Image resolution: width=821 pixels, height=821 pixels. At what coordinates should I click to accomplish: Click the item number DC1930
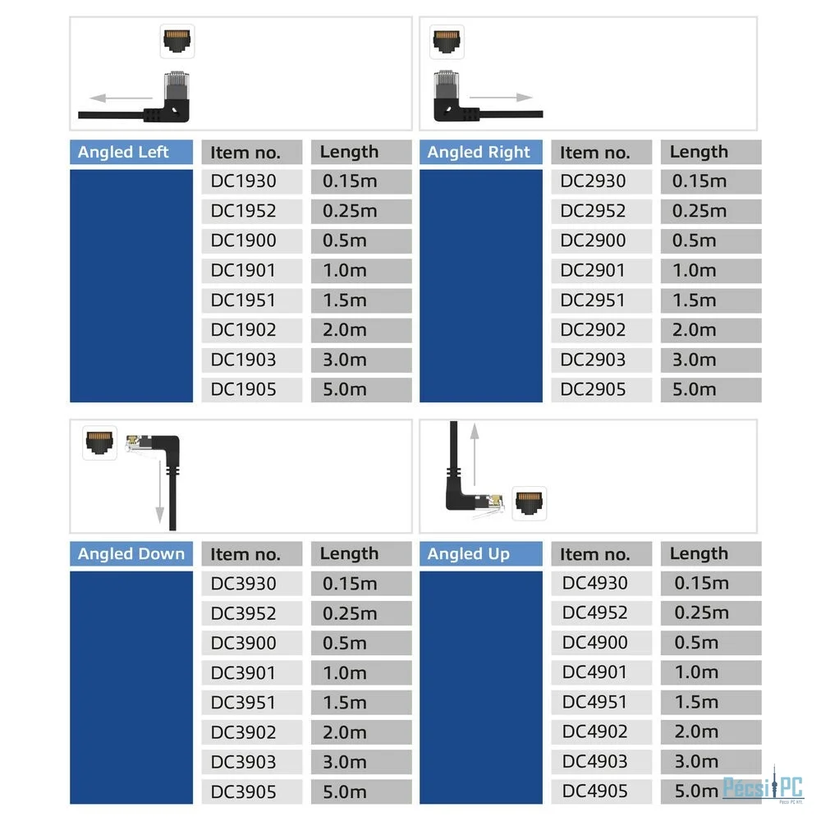point(243,181)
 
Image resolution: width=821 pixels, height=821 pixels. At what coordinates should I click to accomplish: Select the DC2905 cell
point(593,389)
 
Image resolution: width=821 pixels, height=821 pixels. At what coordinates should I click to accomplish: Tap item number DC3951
point(243,703)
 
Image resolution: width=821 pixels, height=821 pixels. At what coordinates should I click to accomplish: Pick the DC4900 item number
point(594,643)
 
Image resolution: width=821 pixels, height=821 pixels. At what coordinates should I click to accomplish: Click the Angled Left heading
point(123,152)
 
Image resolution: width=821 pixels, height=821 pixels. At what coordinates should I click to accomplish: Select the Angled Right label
point(479,152)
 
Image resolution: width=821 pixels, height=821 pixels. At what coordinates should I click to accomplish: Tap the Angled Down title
point(131,554)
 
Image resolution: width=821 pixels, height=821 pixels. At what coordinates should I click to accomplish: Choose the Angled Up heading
point(468,554)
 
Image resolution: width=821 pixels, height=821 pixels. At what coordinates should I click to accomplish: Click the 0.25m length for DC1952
point(350,211)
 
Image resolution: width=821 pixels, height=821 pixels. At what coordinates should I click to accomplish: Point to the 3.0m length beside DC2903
point(695,360)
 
